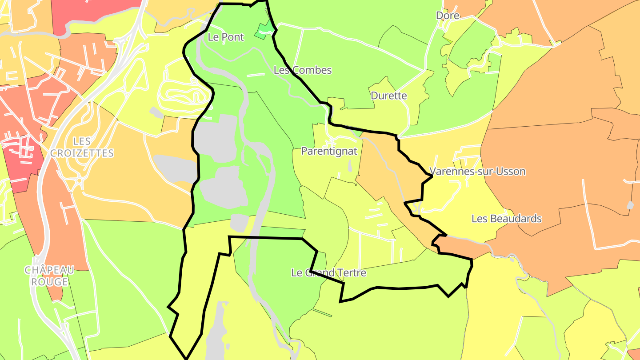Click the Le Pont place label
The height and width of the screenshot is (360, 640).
click(226, 37)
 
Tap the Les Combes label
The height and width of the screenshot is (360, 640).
click(302, 70)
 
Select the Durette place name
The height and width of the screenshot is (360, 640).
click(388, 96)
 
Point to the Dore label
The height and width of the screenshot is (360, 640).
click(447, 16)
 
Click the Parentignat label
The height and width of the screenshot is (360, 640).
click(329, 151)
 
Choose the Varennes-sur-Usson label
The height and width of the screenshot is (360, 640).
click(477, 172)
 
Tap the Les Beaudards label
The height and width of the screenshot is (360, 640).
click(506, 219)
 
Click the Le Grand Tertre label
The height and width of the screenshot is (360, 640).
click(328, 272)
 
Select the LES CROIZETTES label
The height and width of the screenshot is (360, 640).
click(82, 147)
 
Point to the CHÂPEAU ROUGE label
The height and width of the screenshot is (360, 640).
click(49, 276)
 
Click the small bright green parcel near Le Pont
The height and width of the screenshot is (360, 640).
click(264, 30)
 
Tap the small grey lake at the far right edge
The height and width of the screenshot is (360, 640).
click(630, 205)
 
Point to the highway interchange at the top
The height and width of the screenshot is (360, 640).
click(133, 36)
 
